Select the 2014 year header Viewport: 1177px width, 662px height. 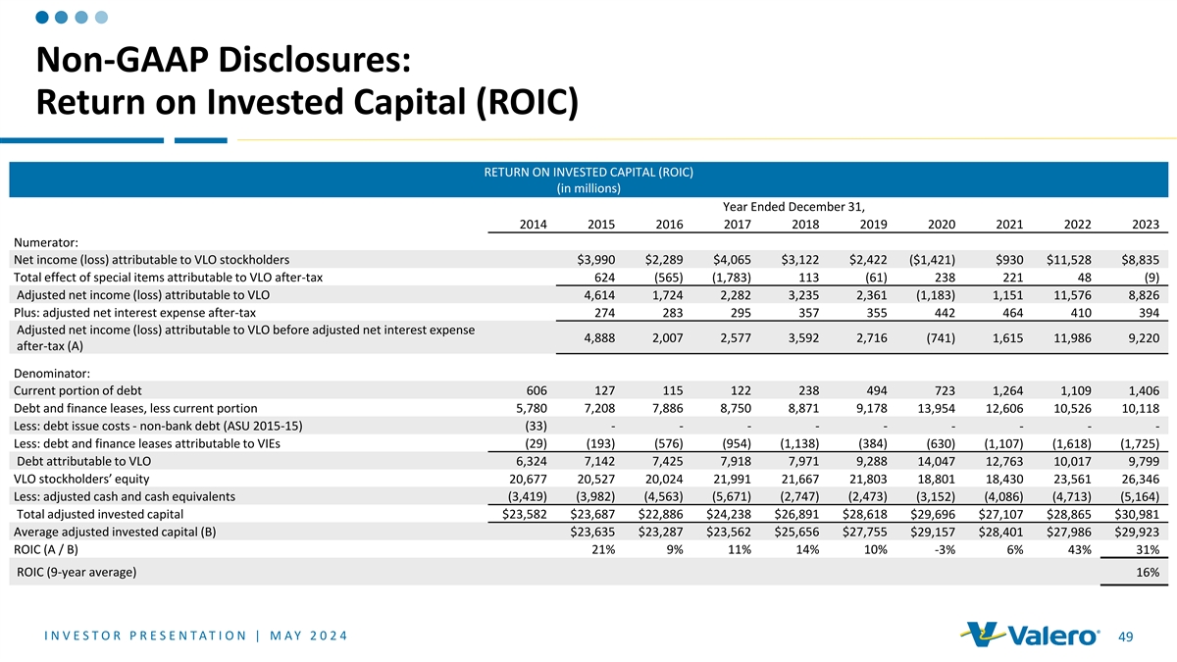[x=534, y=224]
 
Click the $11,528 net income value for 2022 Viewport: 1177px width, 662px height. [x=1063, y=259]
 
